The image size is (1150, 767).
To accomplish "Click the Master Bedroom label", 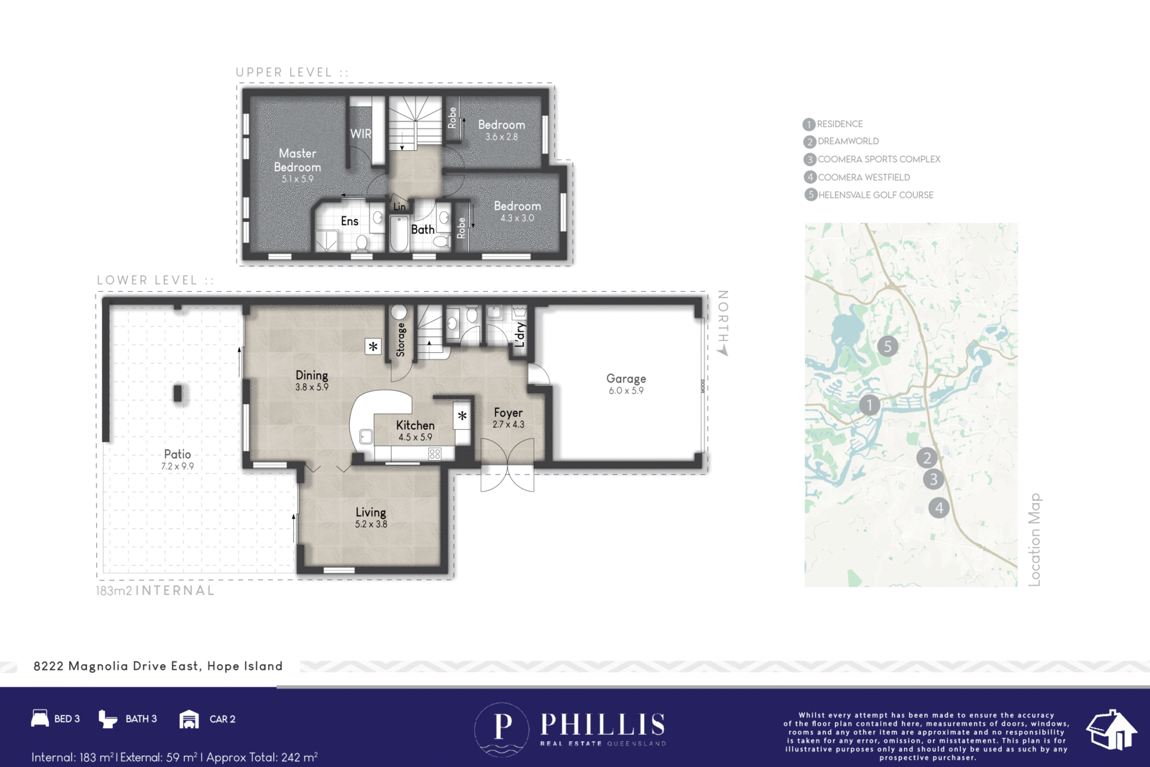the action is [x=298, y=160].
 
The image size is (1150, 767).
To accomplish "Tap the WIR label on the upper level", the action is [x=360, y=134].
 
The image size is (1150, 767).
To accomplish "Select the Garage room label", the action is [x=626, y=378].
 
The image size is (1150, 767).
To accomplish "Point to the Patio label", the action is [x=177, y=454].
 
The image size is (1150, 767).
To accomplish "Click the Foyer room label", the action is [x=508, y=413].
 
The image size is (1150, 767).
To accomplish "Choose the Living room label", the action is [x=371, y=513].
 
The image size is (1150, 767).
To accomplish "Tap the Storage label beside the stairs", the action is [x=400, y=339].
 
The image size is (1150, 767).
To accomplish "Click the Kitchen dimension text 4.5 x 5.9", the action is [x=415, y=437].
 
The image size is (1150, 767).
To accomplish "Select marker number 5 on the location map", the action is [x=888, y=346].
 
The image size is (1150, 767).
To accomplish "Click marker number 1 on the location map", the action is [x=870, y=405].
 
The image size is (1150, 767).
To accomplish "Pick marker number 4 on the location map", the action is [x=939, y=507].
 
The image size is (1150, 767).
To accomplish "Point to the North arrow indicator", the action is [x=723, y=352].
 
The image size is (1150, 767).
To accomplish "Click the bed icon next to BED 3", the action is [x=40, y=718].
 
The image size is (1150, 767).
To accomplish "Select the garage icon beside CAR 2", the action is [x=189, y=720].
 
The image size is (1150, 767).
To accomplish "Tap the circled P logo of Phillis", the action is [x=502, y=729].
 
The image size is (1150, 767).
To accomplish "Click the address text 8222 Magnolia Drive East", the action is [x=116, y=666].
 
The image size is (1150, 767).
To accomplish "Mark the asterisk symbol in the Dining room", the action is [x=373, y=346].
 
